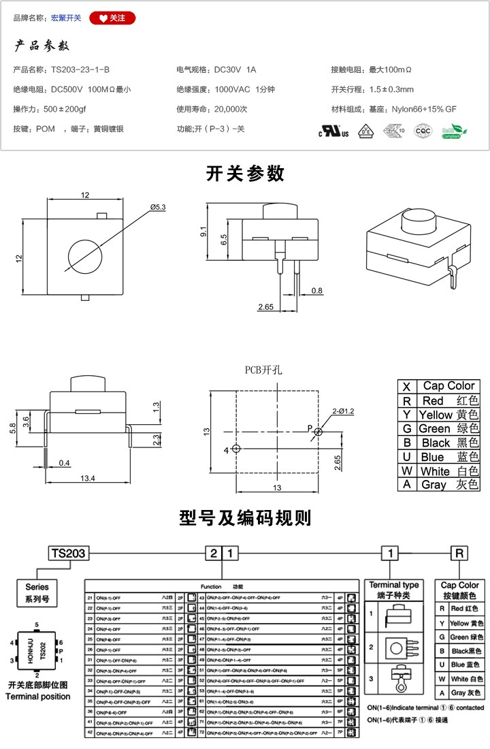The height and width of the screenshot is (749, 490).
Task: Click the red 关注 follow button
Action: point(112,18)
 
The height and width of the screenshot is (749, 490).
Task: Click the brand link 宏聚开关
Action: point(66,18)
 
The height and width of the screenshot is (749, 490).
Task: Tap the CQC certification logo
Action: point(423,130)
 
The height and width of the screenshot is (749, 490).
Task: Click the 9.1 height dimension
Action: point(203,232)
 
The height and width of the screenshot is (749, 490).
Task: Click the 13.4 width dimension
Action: point(87,479)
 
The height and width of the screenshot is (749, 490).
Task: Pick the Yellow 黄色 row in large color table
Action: point(439,415)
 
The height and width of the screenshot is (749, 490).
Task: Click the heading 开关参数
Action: point(245,174)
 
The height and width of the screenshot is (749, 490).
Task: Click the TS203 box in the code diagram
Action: point(67,553)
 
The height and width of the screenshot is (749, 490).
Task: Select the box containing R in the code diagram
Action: point(460,553)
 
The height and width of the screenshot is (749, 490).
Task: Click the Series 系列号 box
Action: point(37,592)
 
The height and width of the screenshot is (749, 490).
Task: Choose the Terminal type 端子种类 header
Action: point(394,590)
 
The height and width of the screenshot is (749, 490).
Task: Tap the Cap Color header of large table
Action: point(448,385)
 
